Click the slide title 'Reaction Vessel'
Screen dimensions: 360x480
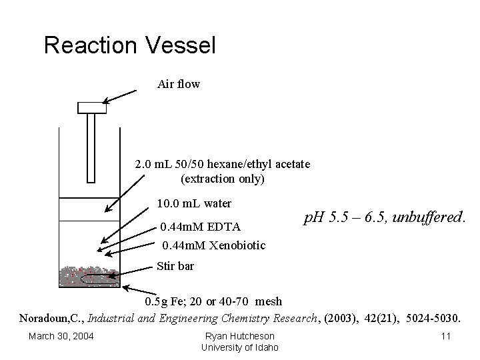click(x=129, y=45)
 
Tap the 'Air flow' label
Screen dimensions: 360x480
click(x=178, y=84)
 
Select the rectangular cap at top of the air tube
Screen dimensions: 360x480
click(x=92, y=107)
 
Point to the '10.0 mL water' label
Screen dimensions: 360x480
click(x=194, y=203)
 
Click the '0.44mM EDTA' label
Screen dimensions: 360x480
click(x=201, y=227)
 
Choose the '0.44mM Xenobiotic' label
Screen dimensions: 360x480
click(x=213, y=245)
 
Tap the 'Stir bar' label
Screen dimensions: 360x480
click(x=175, y=267)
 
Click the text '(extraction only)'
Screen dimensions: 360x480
click(x=223, y=179)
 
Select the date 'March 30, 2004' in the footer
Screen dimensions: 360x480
click(x=61, y=336)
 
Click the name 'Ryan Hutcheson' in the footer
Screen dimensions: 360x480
click(x=240, y=336)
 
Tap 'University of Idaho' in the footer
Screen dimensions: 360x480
click(x=240, y=347)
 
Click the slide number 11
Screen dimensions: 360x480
click(x=445, y=336)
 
